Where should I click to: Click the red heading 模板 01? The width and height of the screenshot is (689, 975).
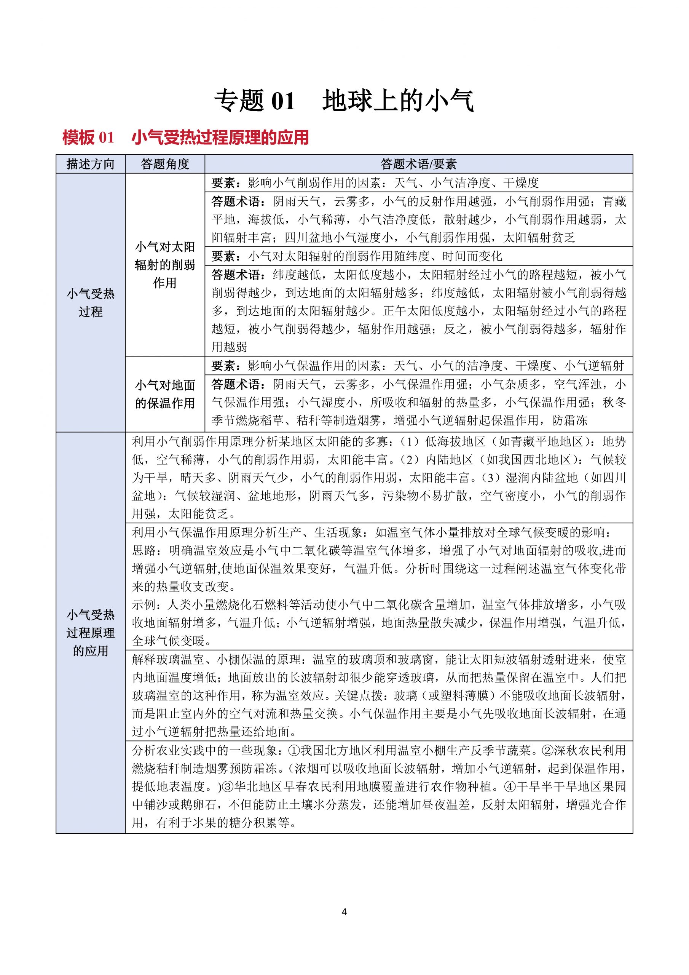coord(88,138)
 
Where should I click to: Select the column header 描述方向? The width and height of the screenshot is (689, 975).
coord(91,164)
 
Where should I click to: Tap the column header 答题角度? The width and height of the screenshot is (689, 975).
coord(165,164)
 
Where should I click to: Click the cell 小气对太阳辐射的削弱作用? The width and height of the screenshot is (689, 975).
coord(165,265)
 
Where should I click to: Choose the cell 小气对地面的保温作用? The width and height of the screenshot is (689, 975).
coord(165,394)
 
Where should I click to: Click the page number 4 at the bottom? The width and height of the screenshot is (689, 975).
coord(344,911)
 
